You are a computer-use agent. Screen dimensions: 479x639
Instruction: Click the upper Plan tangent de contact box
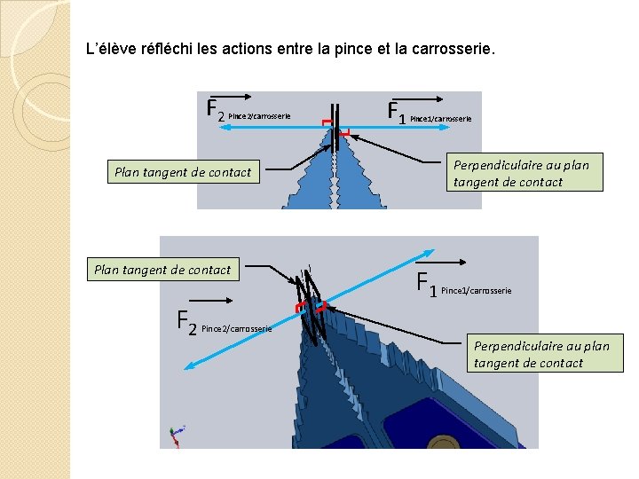coord(183,172)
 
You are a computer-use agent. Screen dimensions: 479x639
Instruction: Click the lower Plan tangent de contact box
coord(162,270)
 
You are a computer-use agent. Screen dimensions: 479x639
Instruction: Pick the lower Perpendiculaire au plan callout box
coord(541,354)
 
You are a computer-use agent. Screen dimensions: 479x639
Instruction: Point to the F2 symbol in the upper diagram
coord(214,110)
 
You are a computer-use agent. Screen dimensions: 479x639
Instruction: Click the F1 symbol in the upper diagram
coord(397,112)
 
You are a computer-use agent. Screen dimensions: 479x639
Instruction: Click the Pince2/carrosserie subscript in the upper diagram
coord(259,116)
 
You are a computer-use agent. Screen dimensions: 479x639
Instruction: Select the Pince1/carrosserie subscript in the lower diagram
coord(476,291)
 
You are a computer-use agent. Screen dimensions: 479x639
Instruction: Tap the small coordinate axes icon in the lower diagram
coord(176,435)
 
